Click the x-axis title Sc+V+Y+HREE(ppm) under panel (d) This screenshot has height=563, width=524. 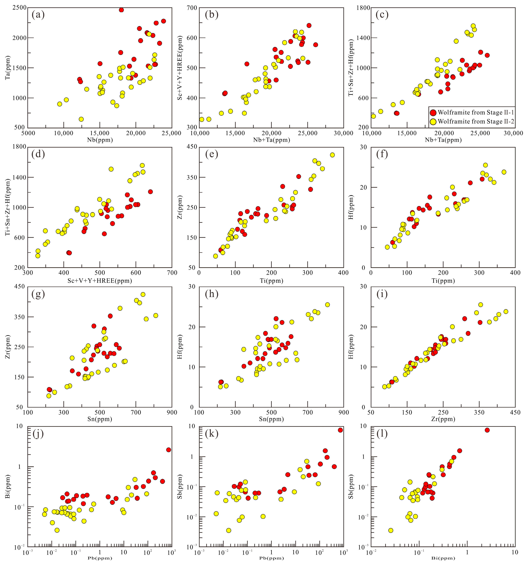pyautogui.click(x=100, y=281)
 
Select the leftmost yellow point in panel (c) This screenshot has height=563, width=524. pyautogui.click(x=373, y=116)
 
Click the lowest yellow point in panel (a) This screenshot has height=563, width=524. pyautogui.click(x=81, y=119)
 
